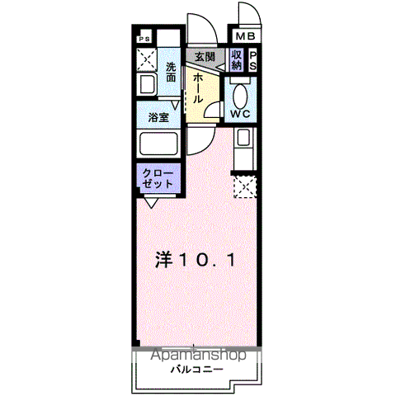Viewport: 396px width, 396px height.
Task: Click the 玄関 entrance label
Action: click(x=205, y=57)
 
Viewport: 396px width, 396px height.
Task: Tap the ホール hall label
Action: click(x=200, y=87)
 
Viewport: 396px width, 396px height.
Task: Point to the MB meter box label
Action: click(x=246, y=37)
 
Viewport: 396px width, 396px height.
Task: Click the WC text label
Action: click(x=241, y=113)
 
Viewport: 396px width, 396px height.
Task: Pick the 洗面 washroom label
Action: click(x=171, y=72)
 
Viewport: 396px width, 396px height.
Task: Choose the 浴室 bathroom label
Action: click(x=158, y=118)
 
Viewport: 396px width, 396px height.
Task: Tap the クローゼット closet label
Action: click(x=157, y=178)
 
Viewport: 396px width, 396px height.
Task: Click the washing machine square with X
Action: click(x=148, y=59)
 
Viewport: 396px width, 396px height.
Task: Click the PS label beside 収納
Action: click(x=252, y=60)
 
